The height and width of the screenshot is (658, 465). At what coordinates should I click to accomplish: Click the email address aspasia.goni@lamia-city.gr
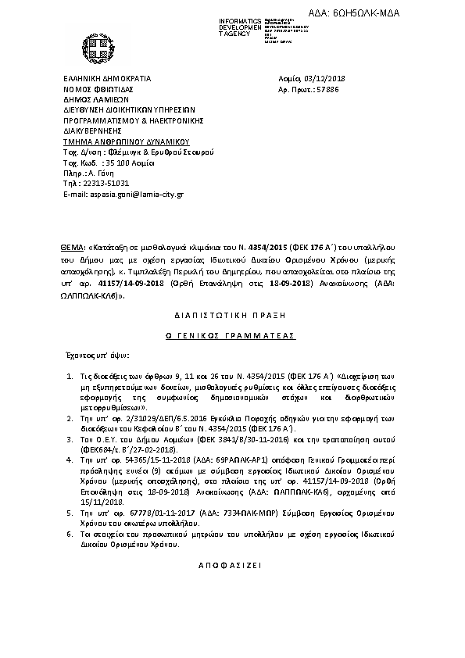point(135,192)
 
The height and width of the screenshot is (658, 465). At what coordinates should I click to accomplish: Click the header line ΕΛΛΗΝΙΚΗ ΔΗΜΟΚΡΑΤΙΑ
point(107,79)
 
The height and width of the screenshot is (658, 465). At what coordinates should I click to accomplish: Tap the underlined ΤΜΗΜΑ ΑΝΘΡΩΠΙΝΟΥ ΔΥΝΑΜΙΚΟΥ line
point(127,141)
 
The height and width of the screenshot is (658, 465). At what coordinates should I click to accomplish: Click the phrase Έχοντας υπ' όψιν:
point(96,353)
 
